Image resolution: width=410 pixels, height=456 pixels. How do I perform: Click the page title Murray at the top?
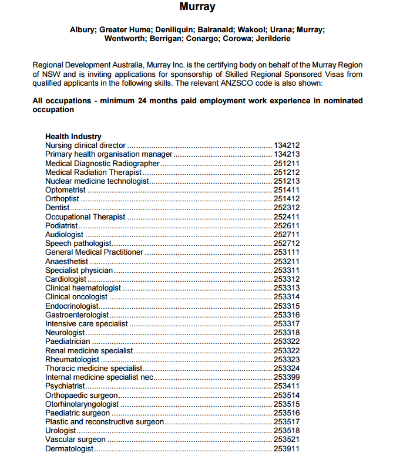(197, 8)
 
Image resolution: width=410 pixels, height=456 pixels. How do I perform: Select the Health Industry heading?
(73, 137)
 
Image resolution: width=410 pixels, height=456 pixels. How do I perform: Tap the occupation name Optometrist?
(66, 190)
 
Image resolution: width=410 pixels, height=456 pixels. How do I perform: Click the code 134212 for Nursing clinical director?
(287, 145)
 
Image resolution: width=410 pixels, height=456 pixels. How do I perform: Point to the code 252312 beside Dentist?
(287, 208)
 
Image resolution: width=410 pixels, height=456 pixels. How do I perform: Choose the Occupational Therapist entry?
(85, 217)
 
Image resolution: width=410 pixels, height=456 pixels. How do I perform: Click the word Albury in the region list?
(83, 29)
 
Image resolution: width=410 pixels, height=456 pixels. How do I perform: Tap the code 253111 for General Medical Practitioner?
(287, 252)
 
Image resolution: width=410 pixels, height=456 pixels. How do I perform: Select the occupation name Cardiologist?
(66, 279)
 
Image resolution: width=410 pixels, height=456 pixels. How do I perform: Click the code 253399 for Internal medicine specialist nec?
(287, 377)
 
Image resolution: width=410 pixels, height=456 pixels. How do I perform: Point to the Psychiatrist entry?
(65, 386)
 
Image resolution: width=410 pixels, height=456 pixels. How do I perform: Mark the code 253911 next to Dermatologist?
(287, 449)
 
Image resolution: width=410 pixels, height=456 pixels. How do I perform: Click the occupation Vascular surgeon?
(75, 440)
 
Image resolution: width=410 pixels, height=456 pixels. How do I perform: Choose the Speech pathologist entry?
(78, 244)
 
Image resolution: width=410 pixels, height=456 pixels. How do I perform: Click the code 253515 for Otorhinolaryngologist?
(287, 404)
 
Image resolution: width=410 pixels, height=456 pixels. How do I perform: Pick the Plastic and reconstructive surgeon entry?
(105, 422)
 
